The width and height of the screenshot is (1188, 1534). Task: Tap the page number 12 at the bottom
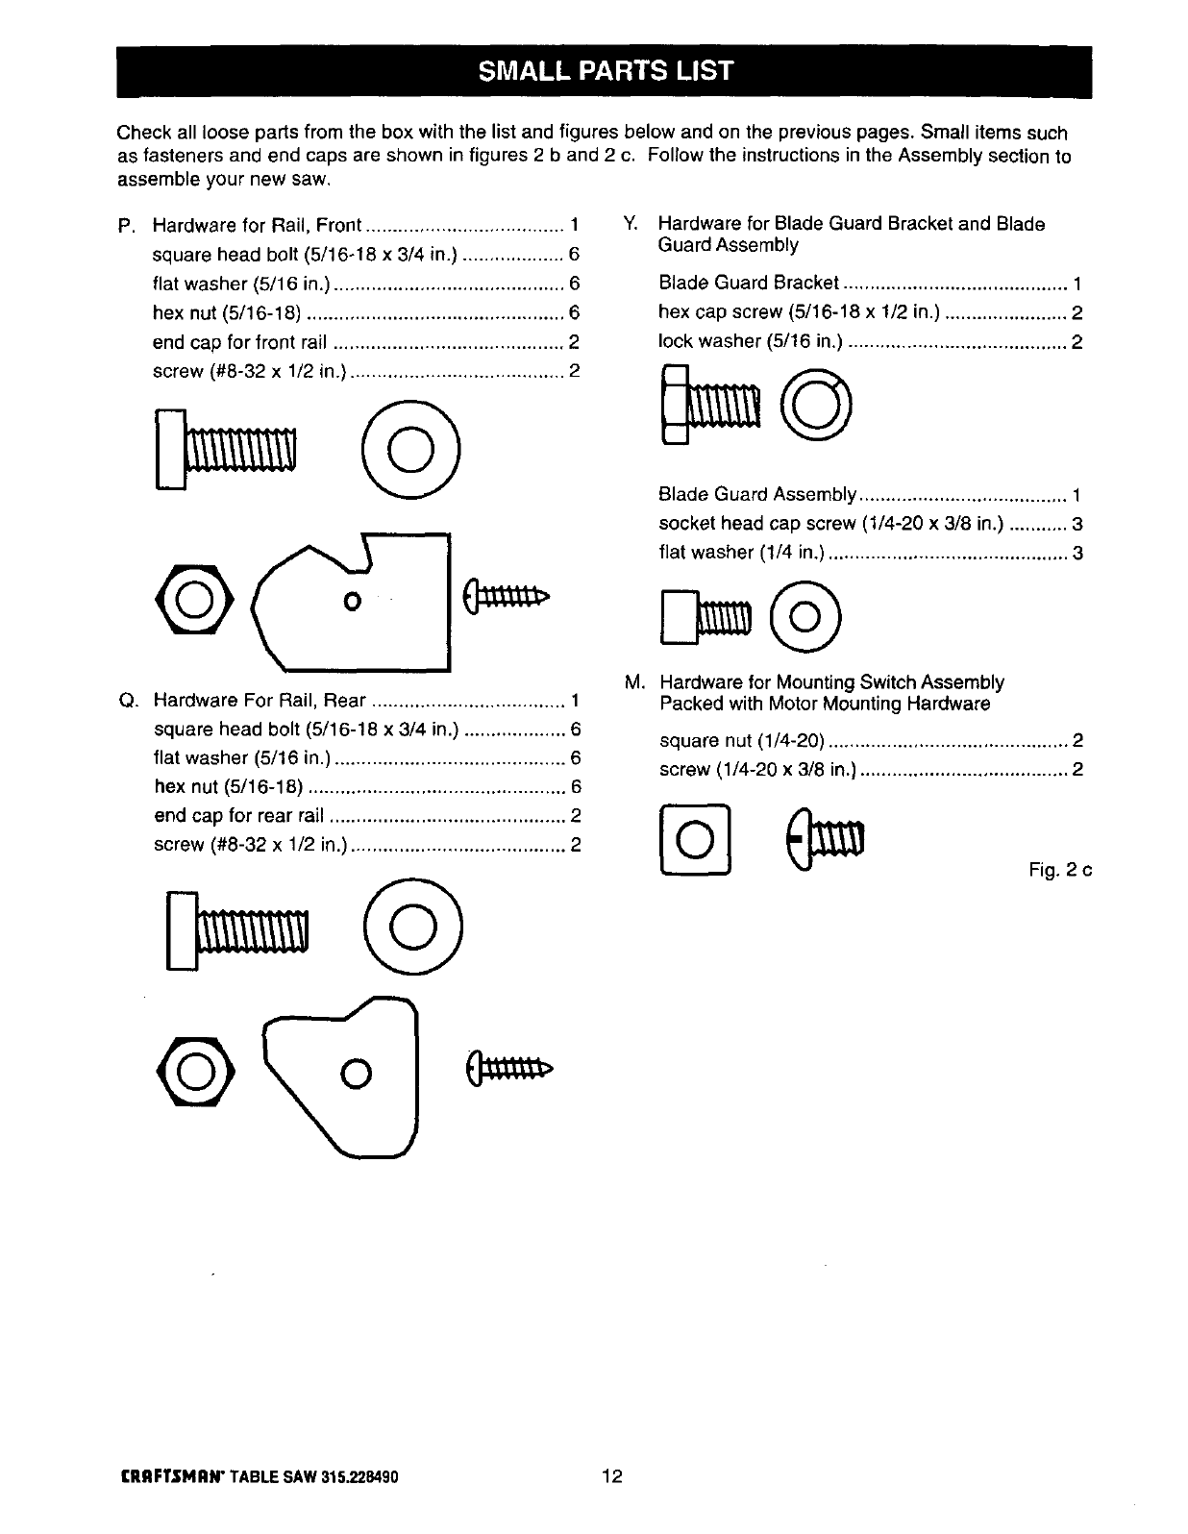[612, 1475]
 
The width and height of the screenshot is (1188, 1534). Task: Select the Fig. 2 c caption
[1060, 871]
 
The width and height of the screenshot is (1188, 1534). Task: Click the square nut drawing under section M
[695, 843]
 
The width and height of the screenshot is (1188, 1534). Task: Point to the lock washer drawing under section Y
[816, 405]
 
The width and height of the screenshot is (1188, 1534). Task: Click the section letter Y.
[630, 224]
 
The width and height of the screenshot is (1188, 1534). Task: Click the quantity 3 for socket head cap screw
[1077, 524]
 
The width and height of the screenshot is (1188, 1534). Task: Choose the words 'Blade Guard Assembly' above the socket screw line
[756, 495]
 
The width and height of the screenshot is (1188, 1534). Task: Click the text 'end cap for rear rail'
[238, 816]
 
